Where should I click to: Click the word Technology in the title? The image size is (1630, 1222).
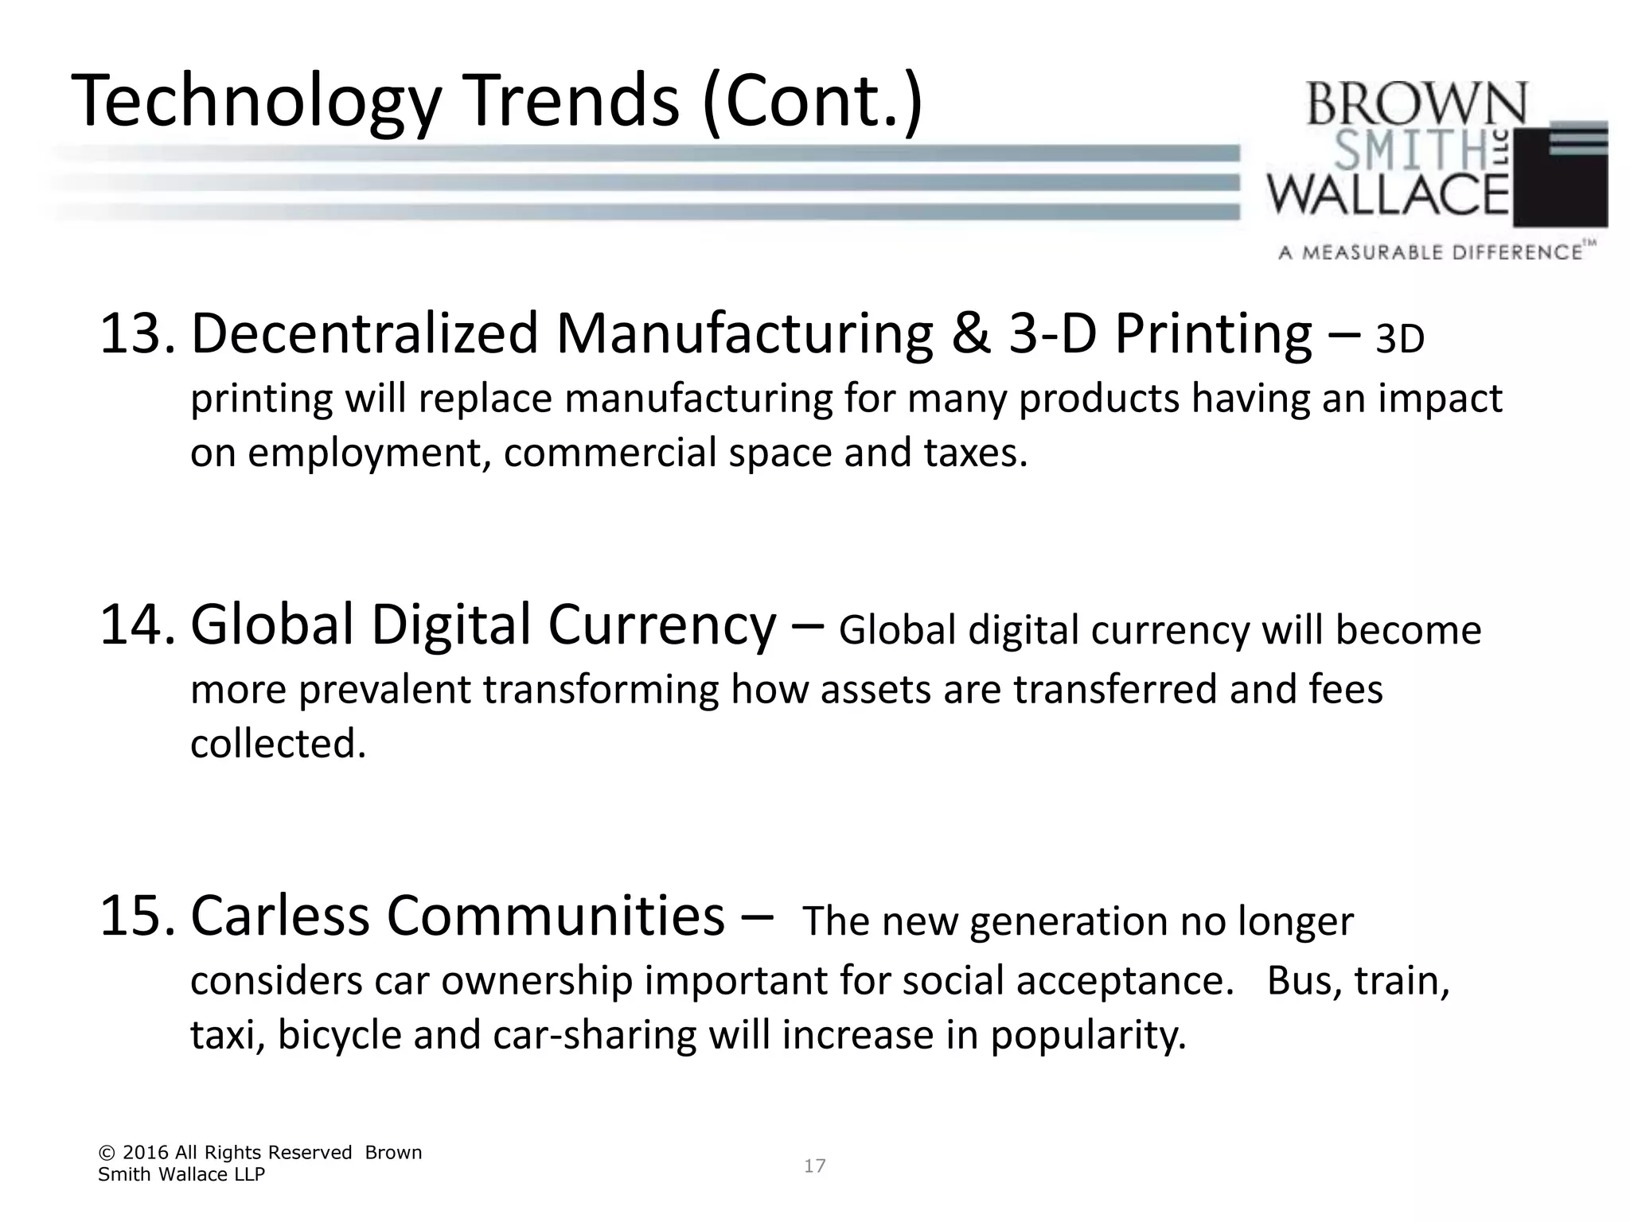255,102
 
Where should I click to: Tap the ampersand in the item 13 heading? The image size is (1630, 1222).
971,334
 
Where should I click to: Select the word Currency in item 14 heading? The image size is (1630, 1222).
661,625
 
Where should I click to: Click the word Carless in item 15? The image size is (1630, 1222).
280,916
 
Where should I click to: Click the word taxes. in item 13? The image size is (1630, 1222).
976,453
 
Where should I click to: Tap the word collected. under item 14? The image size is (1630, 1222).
278,744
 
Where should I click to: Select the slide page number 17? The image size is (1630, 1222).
814,1166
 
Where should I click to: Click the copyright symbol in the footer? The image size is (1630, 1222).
106,1153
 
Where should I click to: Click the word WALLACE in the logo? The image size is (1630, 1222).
1388,195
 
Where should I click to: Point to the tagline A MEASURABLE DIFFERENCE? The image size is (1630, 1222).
1430,253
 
